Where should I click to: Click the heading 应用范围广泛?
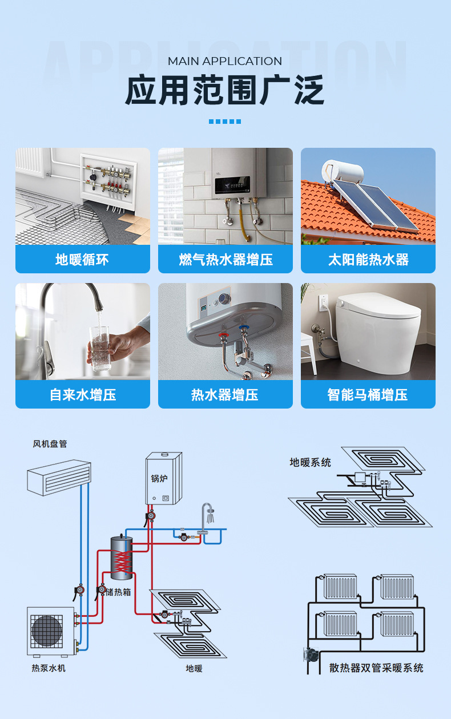tap(225, 90)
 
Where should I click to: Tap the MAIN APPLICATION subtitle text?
tap(225, 61)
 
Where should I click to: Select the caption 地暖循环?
tap(82, 260)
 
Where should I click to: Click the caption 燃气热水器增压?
tap(226, 260)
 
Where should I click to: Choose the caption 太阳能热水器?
tap(368, 260)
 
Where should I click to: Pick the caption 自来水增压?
tap(82, 395)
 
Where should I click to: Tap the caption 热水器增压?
tap(226, 395)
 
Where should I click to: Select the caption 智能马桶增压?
tap(368, 395)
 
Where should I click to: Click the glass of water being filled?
tap(100, 347)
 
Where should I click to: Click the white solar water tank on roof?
tap(343, 171)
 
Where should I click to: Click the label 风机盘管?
tap(50, 443)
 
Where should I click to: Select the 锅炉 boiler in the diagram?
tap(163, 478)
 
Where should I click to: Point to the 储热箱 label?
tap(119, 592)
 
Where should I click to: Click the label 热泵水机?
tap(49, 668)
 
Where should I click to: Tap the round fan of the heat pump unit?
tap(47, 630)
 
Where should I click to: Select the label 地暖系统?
tap(310, 462)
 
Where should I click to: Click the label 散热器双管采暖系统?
tap(376, 668)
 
